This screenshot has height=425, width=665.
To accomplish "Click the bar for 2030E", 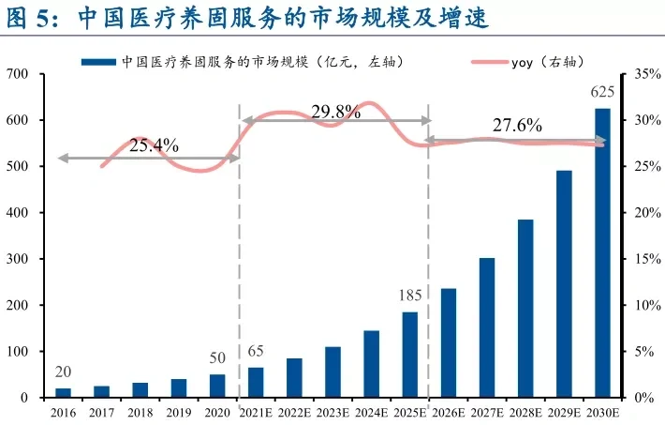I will (602, 253).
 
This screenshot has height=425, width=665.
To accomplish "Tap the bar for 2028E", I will (525, 309).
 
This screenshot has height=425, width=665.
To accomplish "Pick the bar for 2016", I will (63, 392).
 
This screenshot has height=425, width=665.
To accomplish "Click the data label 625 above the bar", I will (602, 93).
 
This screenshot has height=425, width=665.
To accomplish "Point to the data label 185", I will (410, 296).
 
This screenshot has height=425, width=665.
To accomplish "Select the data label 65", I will (257, 351).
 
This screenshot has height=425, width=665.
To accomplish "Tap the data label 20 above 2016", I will (63, 372).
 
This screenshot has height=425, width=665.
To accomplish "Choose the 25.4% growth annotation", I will (154, 145).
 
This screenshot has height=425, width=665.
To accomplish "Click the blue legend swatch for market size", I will (100, 62).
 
